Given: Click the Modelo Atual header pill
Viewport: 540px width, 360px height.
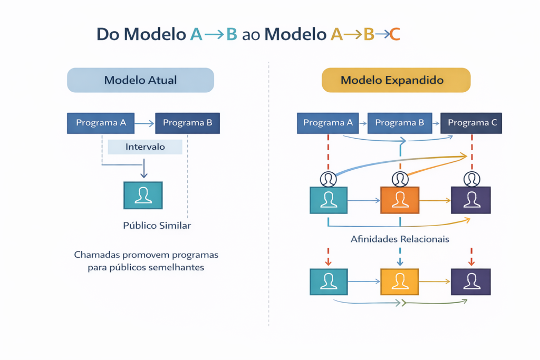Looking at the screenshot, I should pyautogui.click(x=140, y=80).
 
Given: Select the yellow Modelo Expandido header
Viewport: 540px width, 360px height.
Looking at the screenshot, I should pyautogui.click(x=396, y=80).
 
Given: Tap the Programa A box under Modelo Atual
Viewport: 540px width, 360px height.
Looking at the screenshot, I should pyautogui.click(x=101, y=123).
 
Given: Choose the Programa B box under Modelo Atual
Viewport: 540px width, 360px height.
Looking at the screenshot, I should pyautogui.click(x=187, y=123).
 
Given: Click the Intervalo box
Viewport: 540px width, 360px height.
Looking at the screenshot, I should pyautogui.click(x=145, y=147).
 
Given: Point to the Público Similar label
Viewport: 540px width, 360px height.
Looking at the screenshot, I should pyautogui.click(x=157, y=226).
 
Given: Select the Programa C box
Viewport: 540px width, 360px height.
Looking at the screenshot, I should pyautogui.click(x=471, y=123).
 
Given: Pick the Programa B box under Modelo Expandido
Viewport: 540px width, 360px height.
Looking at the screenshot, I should pyautogui.click(x=399, y=123).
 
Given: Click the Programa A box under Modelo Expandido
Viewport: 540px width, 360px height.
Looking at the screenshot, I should pyautogui.click(x=328, y=123).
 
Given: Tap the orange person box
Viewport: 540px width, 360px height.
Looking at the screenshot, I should pyautogui.click(x=400, y=200).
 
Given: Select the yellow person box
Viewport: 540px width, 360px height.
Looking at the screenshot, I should pyautogui.click(x=400, y=281).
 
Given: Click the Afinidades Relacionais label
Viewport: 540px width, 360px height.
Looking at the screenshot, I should pyautogui.click(x=400, y=239).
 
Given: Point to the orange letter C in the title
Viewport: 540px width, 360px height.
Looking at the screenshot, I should pyautogui.click(x=394, y=34).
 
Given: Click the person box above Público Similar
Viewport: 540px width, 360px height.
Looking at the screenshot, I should pyautogui.click(x=143, y=195).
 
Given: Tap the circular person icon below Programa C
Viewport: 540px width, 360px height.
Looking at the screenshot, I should pyautogui.click(x=471, y=179).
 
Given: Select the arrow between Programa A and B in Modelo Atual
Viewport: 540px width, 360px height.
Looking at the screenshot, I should pyautogui.click(x=144, y=124).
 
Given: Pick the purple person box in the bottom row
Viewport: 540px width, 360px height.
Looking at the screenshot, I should pyautogui.click(x=471, y=281).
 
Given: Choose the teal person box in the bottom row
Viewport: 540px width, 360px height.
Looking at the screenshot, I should pyautogui.click(x=329, y=281).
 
